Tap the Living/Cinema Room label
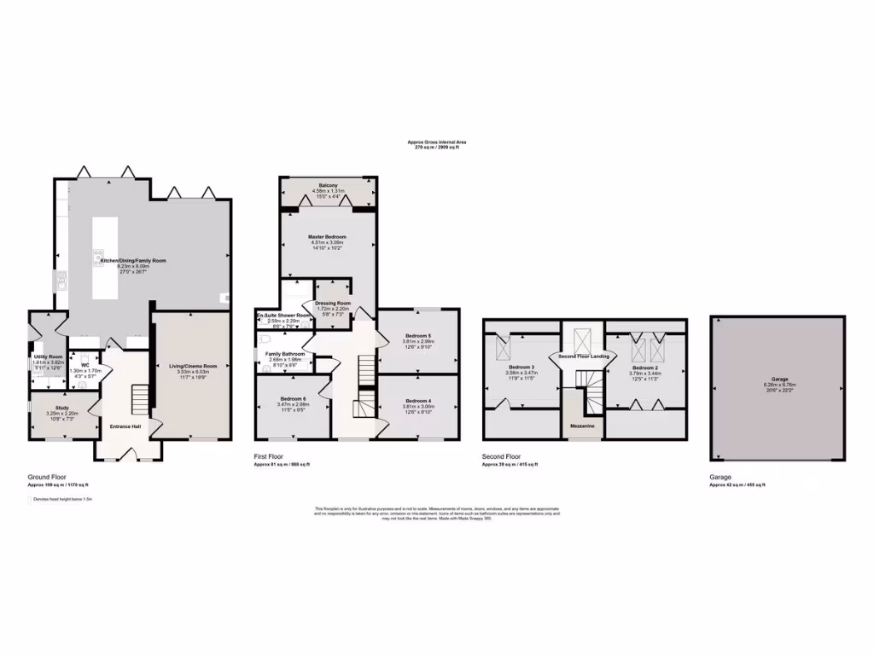pos(185,366)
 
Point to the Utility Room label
pos(49,356)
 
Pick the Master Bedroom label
pos(327,236)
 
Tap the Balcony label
pos(328,185)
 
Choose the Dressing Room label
pos(333,303)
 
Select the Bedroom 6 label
pos(292,398)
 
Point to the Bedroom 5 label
pos(418,335)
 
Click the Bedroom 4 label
pos(418,401)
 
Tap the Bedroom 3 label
pos(520,367)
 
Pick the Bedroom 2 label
pos(644,367)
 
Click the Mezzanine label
pos(583,425)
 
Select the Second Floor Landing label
pos(583,356)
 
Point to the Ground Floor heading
pos(48,478)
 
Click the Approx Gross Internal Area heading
pos(436,142)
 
